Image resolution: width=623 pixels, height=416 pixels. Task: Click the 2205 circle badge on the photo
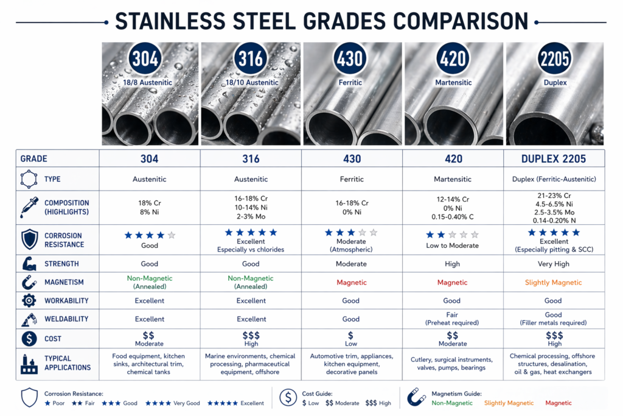[554, 59]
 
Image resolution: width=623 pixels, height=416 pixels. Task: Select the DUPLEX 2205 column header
[554, 159]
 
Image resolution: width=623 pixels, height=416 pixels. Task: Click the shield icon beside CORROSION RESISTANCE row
[29, 239]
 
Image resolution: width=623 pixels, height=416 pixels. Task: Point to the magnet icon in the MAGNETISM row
[29, 282]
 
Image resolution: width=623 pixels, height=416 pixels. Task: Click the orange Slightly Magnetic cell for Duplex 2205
[554, 283]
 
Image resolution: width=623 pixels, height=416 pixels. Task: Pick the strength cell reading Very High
[554, 264]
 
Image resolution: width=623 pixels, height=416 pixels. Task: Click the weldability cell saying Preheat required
[452, 319]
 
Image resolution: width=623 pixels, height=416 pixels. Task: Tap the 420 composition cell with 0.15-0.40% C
[452, 207]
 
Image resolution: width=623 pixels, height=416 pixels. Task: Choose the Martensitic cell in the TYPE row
[452, 180]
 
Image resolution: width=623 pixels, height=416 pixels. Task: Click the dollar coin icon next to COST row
[29, 339]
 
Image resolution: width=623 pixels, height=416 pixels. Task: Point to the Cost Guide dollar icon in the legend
[288, 398]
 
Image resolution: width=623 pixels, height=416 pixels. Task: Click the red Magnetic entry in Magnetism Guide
[559, 403]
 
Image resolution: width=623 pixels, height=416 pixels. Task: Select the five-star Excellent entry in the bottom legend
[235, 403]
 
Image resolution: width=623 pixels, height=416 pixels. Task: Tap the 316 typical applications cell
[250, 364]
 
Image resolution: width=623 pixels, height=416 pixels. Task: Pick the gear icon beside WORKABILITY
[29, 301]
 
